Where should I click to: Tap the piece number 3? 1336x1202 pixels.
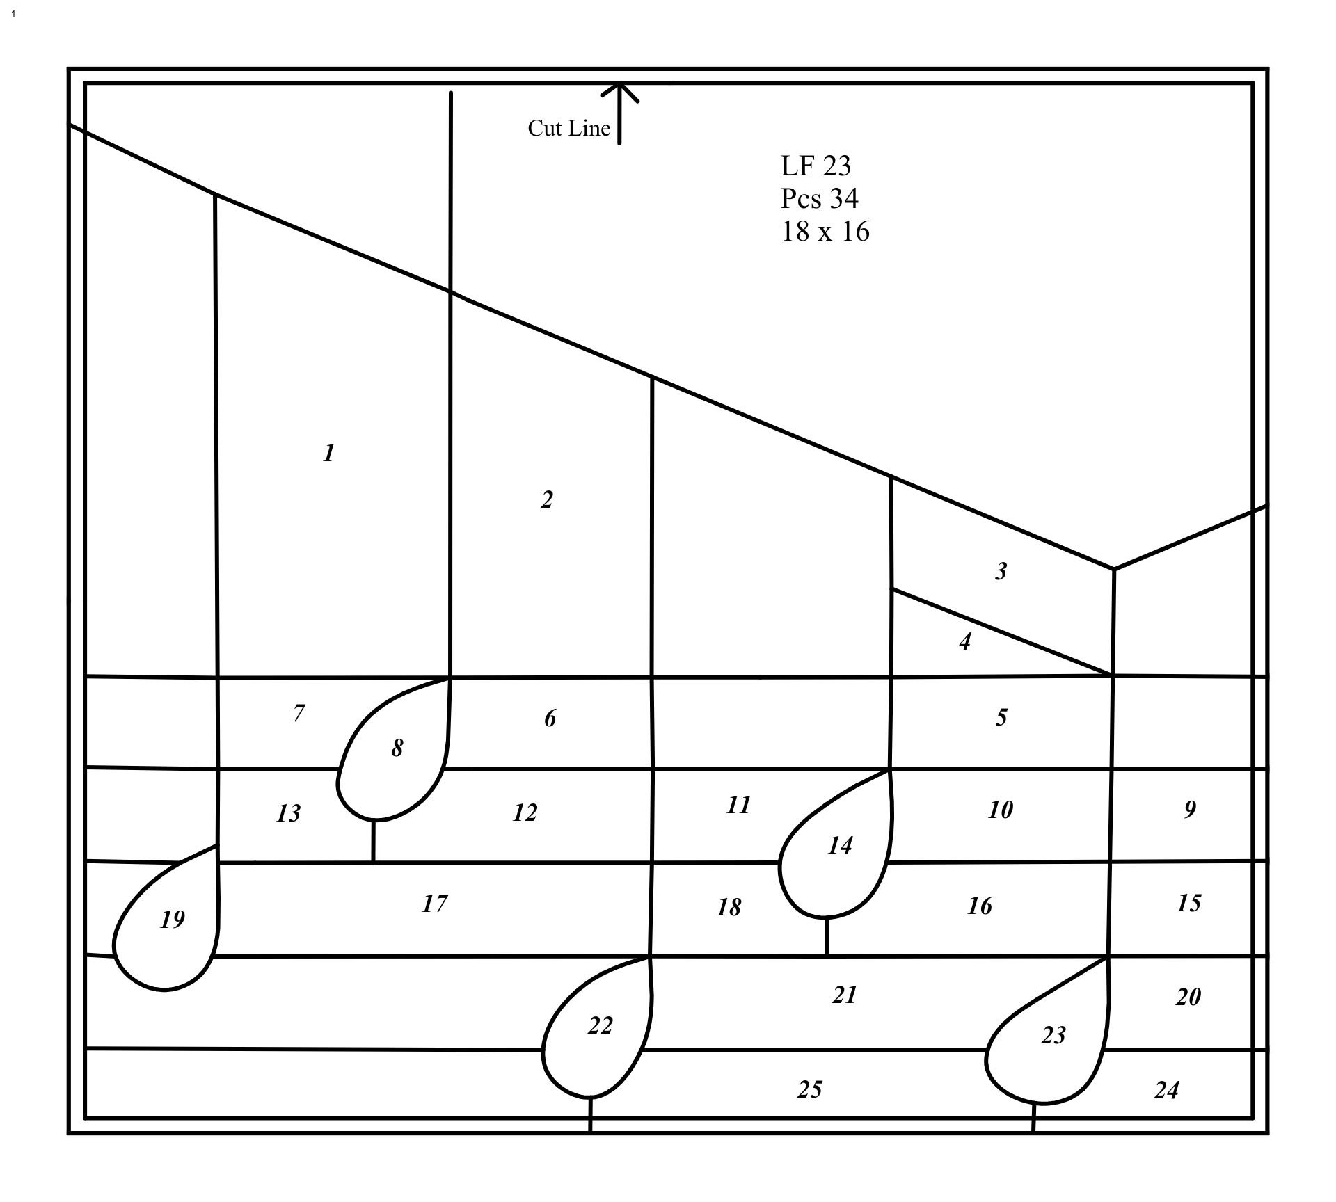[1001, 571]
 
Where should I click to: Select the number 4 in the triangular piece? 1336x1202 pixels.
[964, 641]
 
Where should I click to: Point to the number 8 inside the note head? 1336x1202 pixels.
[397, 748]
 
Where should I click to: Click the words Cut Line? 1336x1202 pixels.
[568, 128]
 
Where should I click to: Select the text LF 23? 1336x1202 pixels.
[816, 166]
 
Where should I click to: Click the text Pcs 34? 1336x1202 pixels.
[819, 198]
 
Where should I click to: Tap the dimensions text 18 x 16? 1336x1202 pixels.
[825, 231]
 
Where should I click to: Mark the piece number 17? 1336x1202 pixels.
[434, 904]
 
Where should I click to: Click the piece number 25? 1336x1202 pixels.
[809, 1089]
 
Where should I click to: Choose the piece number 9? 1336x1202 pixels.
[1190, 809]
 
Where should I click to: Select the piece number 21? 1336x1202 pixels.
[844, 995]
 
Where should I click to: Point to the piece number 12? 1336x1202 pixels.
[525, 812]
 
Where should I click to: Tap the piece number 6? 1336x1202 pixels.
[550, 718]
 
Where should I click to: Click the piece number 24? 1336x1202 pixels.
[1166, 1089]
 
